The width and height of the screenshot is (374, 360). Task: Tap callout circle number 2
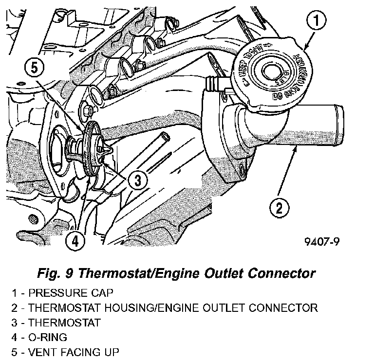pyautogui.click(x=279, y=209)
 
